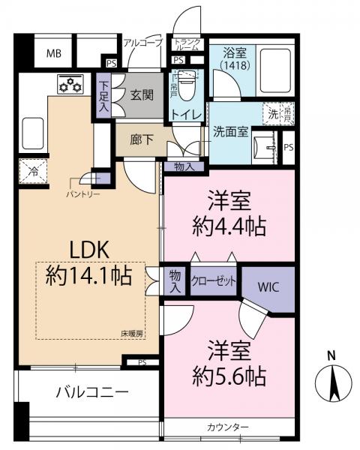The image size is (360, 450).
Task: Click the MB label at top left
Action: (x=54, y=53)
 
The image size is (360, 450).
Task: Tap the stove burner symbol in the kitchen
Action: (x=70, y=85)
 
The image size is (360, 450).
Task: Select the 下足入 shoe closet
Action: (x=103, y=95)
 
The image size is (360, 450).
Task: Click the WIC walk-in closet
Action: (x=268, y=286)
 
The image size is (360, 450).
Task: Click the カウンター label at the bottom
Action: (x=228, y=427)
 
